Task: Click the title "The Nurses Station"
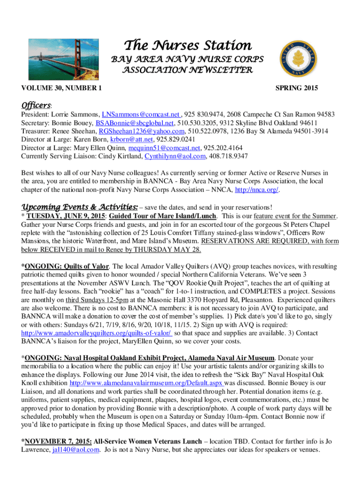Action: coord(187,46)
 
